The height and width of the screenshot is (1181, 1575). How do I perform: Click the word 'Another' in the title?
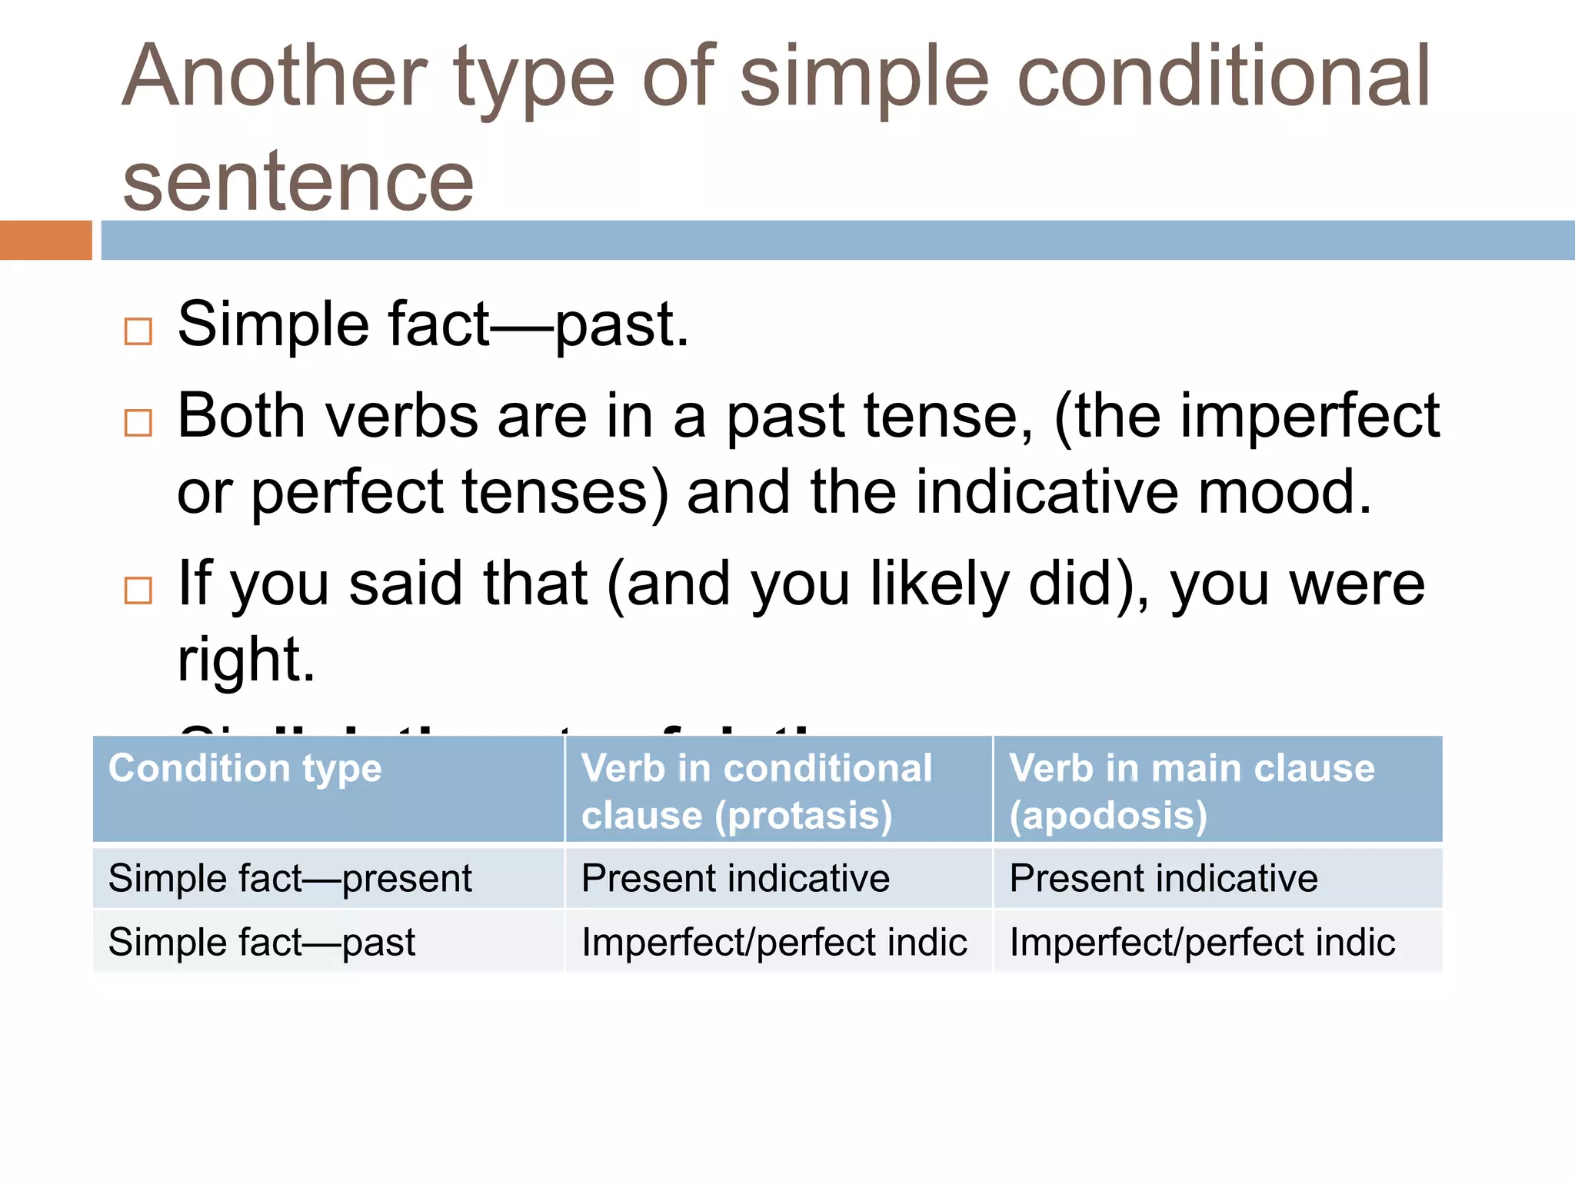pos(274,77)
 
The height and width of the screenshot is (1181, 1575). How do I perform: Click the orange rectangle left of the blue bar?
pos(45,240)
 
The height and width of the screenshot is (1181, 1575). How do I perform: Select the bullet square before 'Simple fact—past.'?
pos(138,331)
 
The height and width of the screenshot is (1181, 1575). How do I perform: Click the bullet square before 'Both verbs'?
pos(138,422)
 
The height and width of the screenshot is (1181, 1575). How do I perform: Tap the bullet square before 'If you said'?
pos(138,590)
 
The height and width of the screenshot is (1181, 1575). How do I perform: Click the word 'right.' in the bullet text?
pos(246,660)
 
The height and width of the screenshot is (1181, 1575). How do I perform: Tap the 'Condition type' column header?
pos(245,768)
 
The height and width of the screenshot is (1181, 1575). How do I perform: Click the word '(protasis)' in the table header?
pos(803,816)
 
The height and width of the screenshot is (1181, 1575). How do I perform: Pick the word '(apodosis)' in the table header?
pos(1108,816)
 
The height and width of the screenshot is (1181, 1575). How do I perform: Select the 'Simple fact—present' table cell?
pos(290,878)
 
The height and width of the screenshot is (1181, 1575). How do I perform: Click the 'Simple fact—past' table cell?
pos(261,943)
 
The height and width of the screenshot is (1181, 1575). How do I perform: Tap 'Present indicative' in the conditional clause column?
pos(735,878)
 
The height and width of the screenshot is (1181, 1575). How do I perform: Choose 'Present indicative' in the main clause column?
pos(1164,878)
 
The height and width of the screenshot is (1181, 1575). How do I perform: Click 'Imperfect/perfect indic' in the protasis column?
pos(774,943)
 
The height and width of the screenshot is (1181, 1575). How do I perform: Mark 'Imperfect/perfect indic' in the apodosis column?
pos(1202,943)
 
